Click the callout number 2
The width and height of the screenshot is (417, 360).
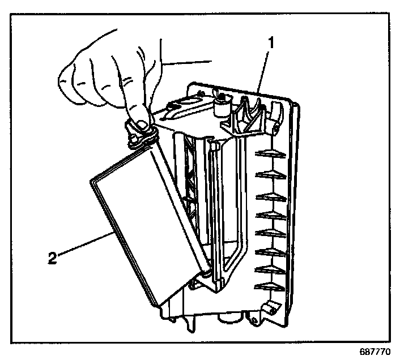point(53,258)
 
